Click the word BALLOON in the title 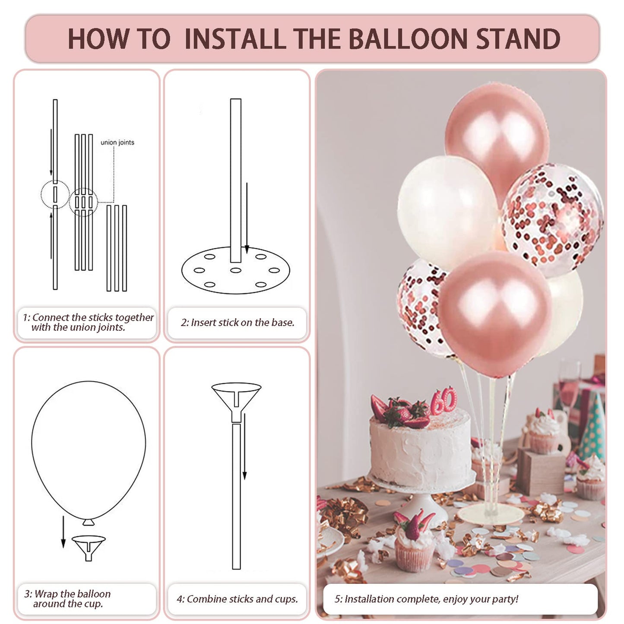pyautogui.click(x=408, y=39)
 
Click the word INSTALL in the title pyautogui.click(x=235, y=39)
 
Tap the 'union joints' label pyautogui.click(x=117, y=143)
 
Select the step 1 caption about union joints pyautogui.click(x=88, y=323)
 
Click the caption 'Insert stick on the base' pyautogui.click(x=237, y=323)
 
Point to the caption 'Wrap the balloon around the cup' pyautogui.click(x=68, y=599)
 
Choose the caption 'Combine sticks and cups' pyautogui.click(x=237, y=599)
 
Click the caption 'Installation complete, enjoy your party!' pyautogui.click(x=426, y=599)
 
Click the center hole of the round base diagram pyautogui.click(x=235, y=270)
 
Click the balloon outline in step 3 pyautogui.click(x=89, y=449)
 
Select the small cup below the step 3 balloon pyautogui.click(x=89, y=547)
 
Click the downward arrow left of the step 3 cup pyautogui.click(x=63, y=532)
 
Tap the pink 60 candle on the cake pyautogui.click(x=443, y=400)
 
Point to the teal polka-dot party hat pyautogui.click(x=592, y=428)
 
